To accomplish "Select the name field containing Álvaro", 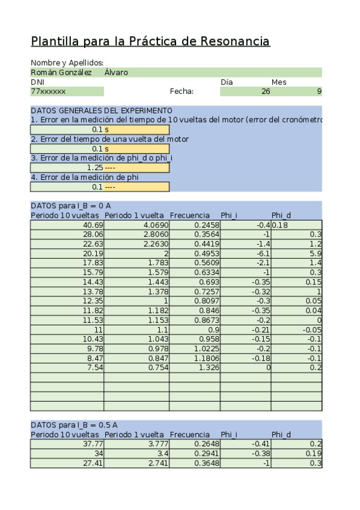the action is click(x=116, y=72).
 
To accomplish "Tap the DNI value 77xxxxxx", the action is click(x=48, y=91).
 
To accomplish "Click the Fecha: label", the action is click(x=182, y=91).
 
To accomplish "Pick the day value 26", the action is click(x=266, y=91).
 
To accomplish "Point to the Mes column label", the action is click(x=279, y=82).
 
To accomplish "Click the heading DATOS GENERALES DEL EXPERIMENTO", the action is click(x=101, y=111).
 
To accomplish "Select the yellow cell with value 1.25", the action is click(x=95, y=167).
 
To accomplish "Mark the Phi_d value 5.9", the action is click(x=316, y=253).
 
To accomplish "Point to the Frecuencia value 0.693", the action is click(x=209, y=281).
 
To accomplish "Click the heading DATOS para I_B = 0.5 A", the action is click(x=74, y=425).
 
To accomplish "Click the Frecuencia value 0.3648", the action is click(x=207, y=463).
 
